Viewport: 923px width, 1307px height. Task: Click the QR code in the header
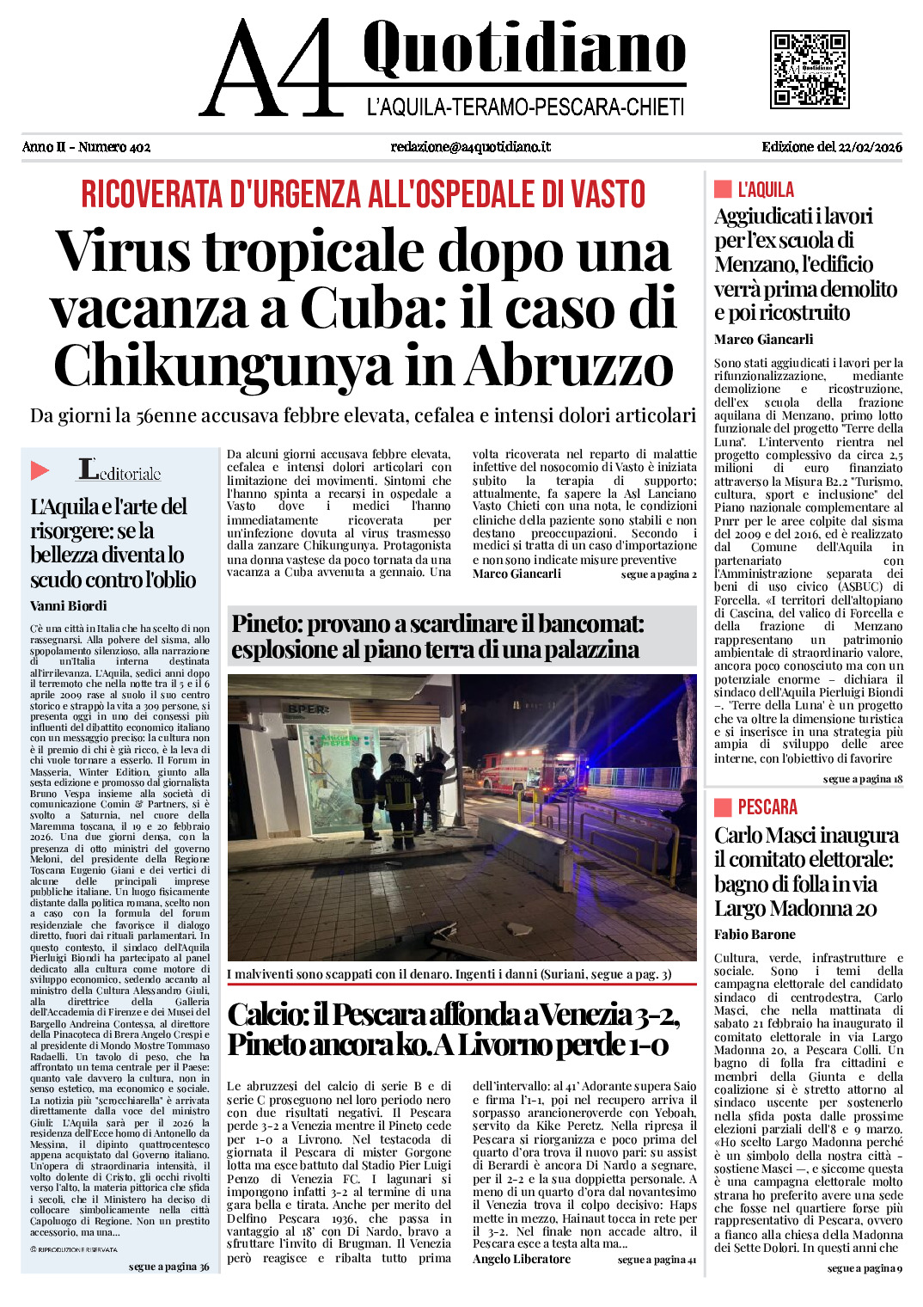pyautogui.click(x=810, y=69)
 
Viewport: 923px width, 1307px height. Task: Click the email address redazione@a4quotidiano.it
pyautogui.click(x=471, y=147)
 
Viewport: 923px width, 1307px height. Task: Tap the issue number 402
pyautogui.click(x=138, y=147)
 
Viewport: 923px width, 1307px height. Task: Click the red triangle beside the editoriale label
pyautogui.click(x=40, y=470)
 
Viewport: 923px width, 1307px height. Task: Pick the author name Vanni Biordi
pyautogui.click(x=69, y=605)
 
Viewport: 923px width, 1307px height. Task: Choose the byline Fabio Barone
pyautogui.click(x=755, y=934)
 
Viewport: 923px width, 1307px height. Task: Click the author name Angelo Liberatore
pyautogui.click(x=522, y=1259)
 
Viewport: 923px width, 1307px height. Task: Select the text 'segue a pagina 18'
pyautogui.click(x=862, y=779)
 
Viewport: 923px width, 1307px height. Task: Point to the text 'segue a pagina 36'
pyautogui.click(x=168, y=1267)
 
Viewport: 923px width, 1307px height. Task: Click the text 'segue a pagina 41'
pyautogui.click(x=657, y=1260)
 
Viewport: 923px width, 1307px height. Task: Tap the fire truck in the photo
pyautogui.click(x=524, y=768)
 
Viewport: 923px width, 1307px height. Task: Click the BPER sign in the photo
pyautogui.click(x=309, y=709)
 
